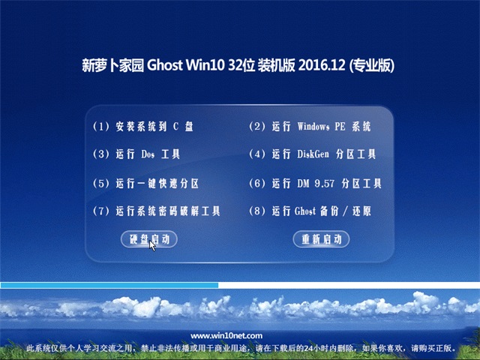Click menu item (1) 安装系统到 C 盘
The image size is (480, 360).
coord(142,127)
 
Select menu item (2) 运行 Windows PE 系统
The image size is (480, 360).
coord(309,127)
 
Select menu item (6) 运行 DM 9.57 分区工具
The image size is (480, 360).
coord(314,183)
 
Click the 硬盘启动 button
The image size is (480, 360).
coord(149,239)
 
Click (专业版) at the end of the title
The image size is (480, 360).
coord(371,66)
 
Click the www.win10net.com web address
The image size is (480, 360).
coord(227,336)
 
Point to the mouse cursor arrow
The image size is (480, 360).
coord(152,244)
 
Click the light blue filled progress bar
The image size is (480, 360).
coord(109,285)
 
